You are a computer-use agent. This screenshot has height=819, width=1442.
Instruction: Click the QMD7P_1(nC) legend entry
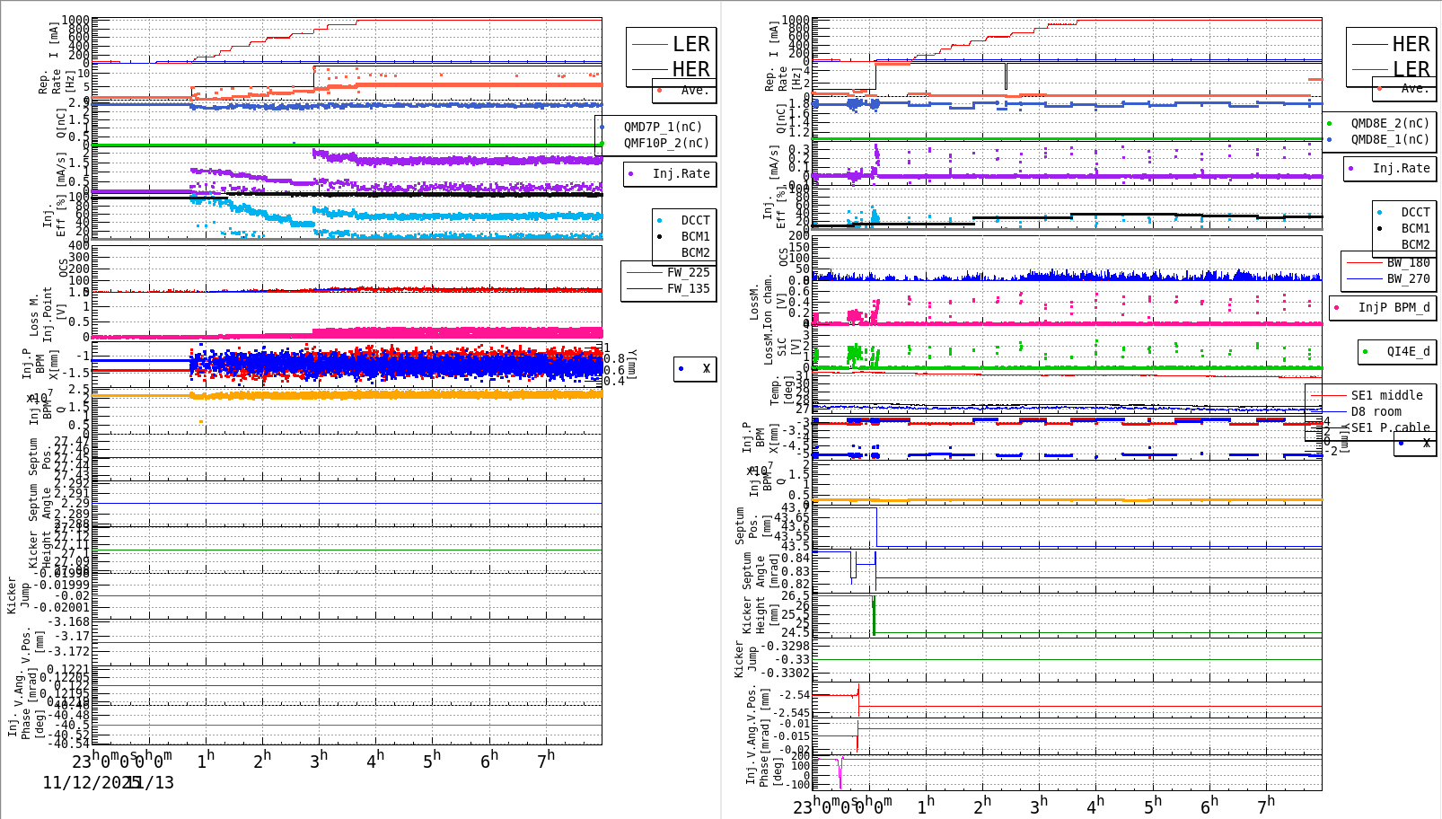[x=663, y=127]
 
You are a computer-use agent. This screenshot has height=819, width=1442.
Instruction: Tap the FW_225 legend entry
[x=688, y=272]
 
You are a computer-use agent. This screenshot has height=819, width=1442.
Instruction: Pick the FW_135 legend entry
[x=688, y=288]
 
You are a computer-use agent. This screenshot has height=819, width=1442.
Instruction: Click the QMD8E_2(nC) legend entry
[x=1389, y=123]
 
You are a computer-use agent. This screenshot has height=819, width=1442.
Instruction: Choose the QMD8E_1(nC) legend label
[x=1389, y=139]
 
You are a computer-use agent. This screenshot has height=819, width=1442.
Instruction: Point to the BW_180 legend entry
[x=1408, y=262]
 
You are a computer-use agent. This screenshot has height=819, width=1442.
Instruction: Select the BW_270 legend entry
[x=1408, y=278]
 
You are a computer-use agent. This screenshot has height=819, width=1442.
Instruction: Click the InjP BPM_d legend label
[x=1394, y=307]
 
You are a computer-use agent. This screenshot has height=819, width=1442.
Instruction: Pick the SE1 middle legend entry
[x=1386, y=395]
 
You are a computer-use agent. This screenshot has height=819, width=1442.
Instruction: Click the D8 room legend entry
[x=1376, y=411]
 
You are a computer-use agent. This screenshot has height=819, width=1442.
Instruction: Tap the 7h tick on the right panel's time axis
[x=1265, y=805]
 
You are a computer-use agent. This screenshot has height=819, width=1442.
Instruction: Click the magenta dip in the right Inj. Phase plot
[x=840, y=774]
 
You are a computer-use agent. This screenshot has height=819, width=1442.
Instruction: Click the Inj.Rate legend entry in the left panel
[x=681, y=173]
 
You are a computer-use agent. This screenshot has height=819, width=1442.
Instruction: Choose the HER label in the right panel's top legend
[x=1410, y=44]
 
